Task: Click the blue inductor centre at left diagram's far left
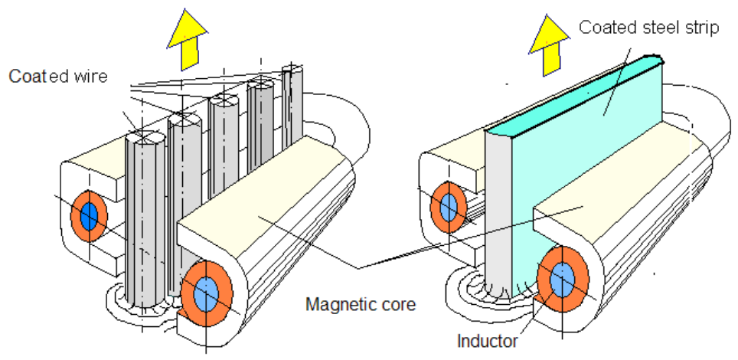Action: coord(89,216)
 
